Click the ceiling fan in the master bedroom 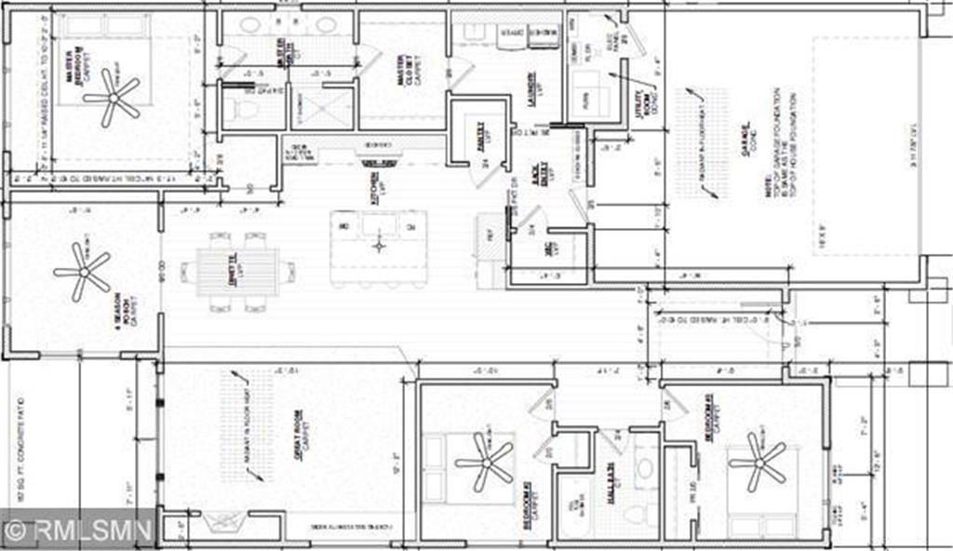[x=111, y=97]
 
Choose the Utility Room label [x=641, y=103]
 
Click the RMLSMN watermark [x=78, y=531]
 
